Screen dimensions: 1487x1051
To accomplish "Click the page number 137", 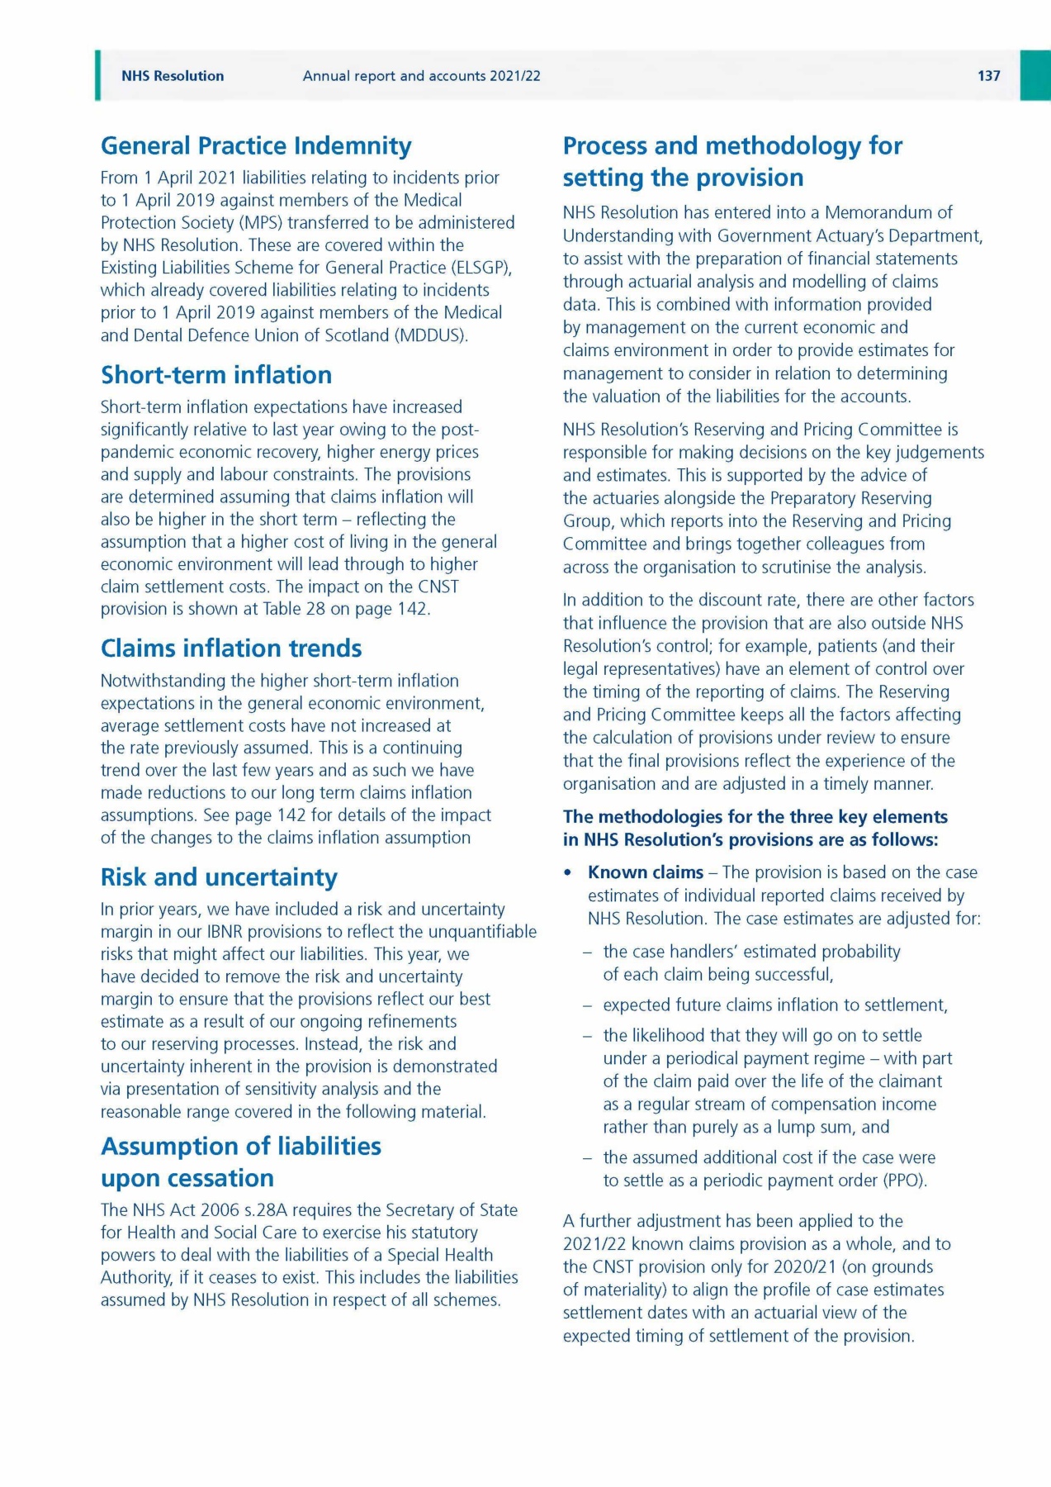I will (988, 76).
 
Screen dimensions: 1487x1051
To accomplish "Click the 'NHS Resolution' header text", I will (173, 76).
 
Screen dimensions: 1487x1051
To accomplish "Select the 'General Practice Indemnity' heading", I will (256, 146).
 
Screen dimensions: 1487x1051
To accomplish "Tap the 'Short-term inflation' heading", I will (216, 375).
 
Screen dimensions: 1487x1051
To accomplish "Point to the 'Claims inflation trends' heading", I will (231, 648).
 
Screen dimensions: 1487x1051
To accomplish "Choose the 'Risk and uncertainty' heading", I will (219, 877).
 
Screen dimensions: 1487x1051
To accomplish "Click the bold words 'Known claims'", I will (646, 872).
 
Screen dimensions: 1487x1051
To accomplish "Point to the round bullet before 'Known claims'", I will (567, 873).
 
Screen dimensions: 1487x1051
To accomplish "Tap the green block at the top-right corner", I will (1035, 75).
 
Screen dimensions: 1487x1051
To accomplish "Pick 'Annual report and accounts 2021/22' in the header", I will (422, 76).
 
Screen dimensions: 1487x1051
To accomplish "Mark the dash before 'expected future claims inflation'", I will (586, 1006).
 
